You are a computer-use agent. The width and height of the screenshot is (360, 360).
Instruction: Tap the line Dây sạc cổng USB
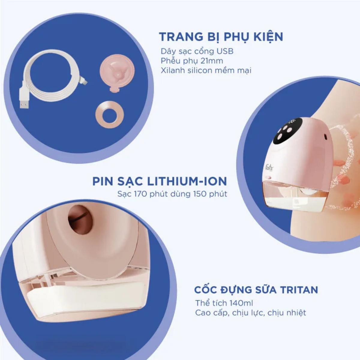coord(197,52)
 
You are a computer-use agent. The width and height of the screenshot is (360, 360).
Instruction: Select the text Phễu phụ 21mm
coord(192,61)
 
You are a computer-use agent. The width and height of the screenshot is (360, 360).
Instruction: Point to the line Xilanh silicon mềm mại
coord(206,70)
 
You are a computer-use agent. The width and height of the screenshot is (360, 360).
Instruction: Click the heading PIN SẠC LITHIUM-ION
coord(160,181)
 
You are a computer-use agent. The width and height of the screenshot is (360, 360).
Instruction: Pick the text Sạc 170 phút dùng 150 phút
coord(172,194)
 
